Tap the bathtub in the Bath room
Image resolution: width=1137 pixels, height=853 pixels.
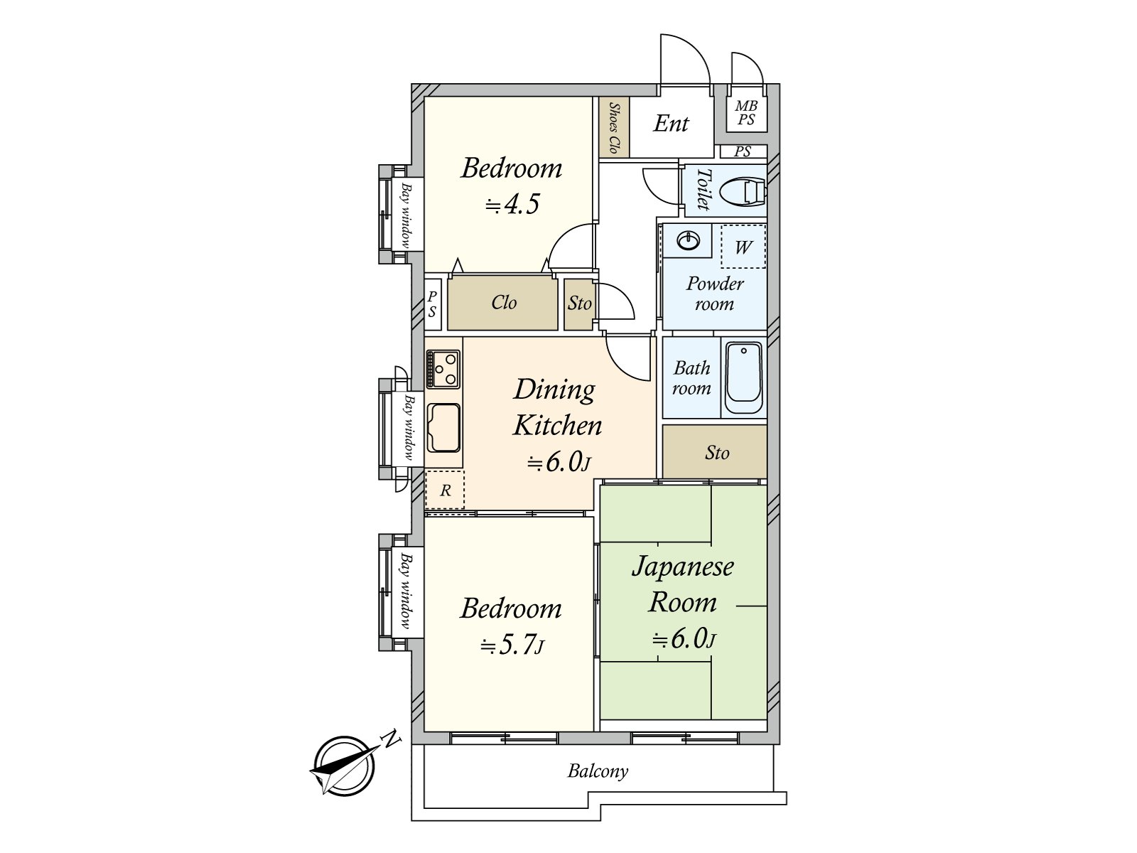click(743, 377)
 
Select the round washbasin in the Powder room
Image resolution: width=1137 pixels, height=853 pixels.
click(688, 240)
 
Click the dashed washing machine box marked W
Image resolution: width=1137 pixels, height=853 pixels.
click(743, 247)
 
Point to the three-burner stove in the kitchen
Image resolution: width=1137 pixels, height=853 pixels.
click(443, 369)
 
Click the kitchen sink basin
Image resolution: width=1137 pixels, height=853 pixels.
click(443, 428)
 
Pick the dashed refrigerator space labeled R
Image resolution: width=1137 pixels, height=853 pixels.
click(445, 490)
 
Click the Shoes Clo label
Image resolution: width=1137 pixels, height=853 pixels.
click(615, 127)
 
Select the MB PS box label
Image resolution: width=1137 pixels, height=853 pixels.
click(746, 113)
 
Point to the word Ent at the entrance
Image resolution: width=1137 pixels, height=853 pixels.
click(671, 123)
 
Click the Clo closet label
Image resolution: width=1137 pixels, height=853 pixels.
click(504, 302)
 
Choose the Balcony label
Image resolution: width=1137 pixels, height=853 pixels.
click(598, 771)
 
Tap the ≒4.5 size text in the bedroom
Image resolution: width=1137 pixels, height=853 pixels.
click(512, 203)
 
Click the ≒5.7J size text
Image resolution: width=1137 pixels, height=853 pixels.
click(512, 645)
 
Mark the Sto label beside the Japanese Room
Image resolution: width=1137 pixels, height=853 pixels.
click(717, 453)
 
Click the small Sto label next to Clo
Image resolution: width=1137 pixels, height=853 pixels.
click(579, 303)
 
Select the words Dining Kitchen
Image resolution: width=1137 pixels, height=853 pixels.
click(557, 407)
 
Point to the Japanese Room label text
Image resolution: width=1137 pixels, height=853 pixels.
click(683, 584)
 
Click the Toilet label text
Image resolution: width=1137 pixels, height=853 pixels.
click(703, 190)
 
